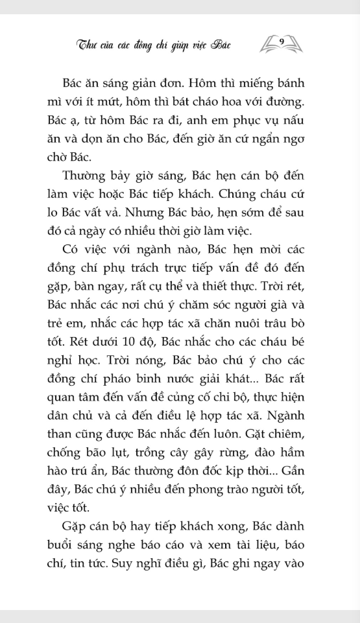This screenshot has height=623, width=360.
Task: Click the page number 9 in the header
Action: point(282,41)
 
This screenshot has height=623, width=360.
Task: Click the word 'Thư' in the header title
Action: point(87,45)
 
